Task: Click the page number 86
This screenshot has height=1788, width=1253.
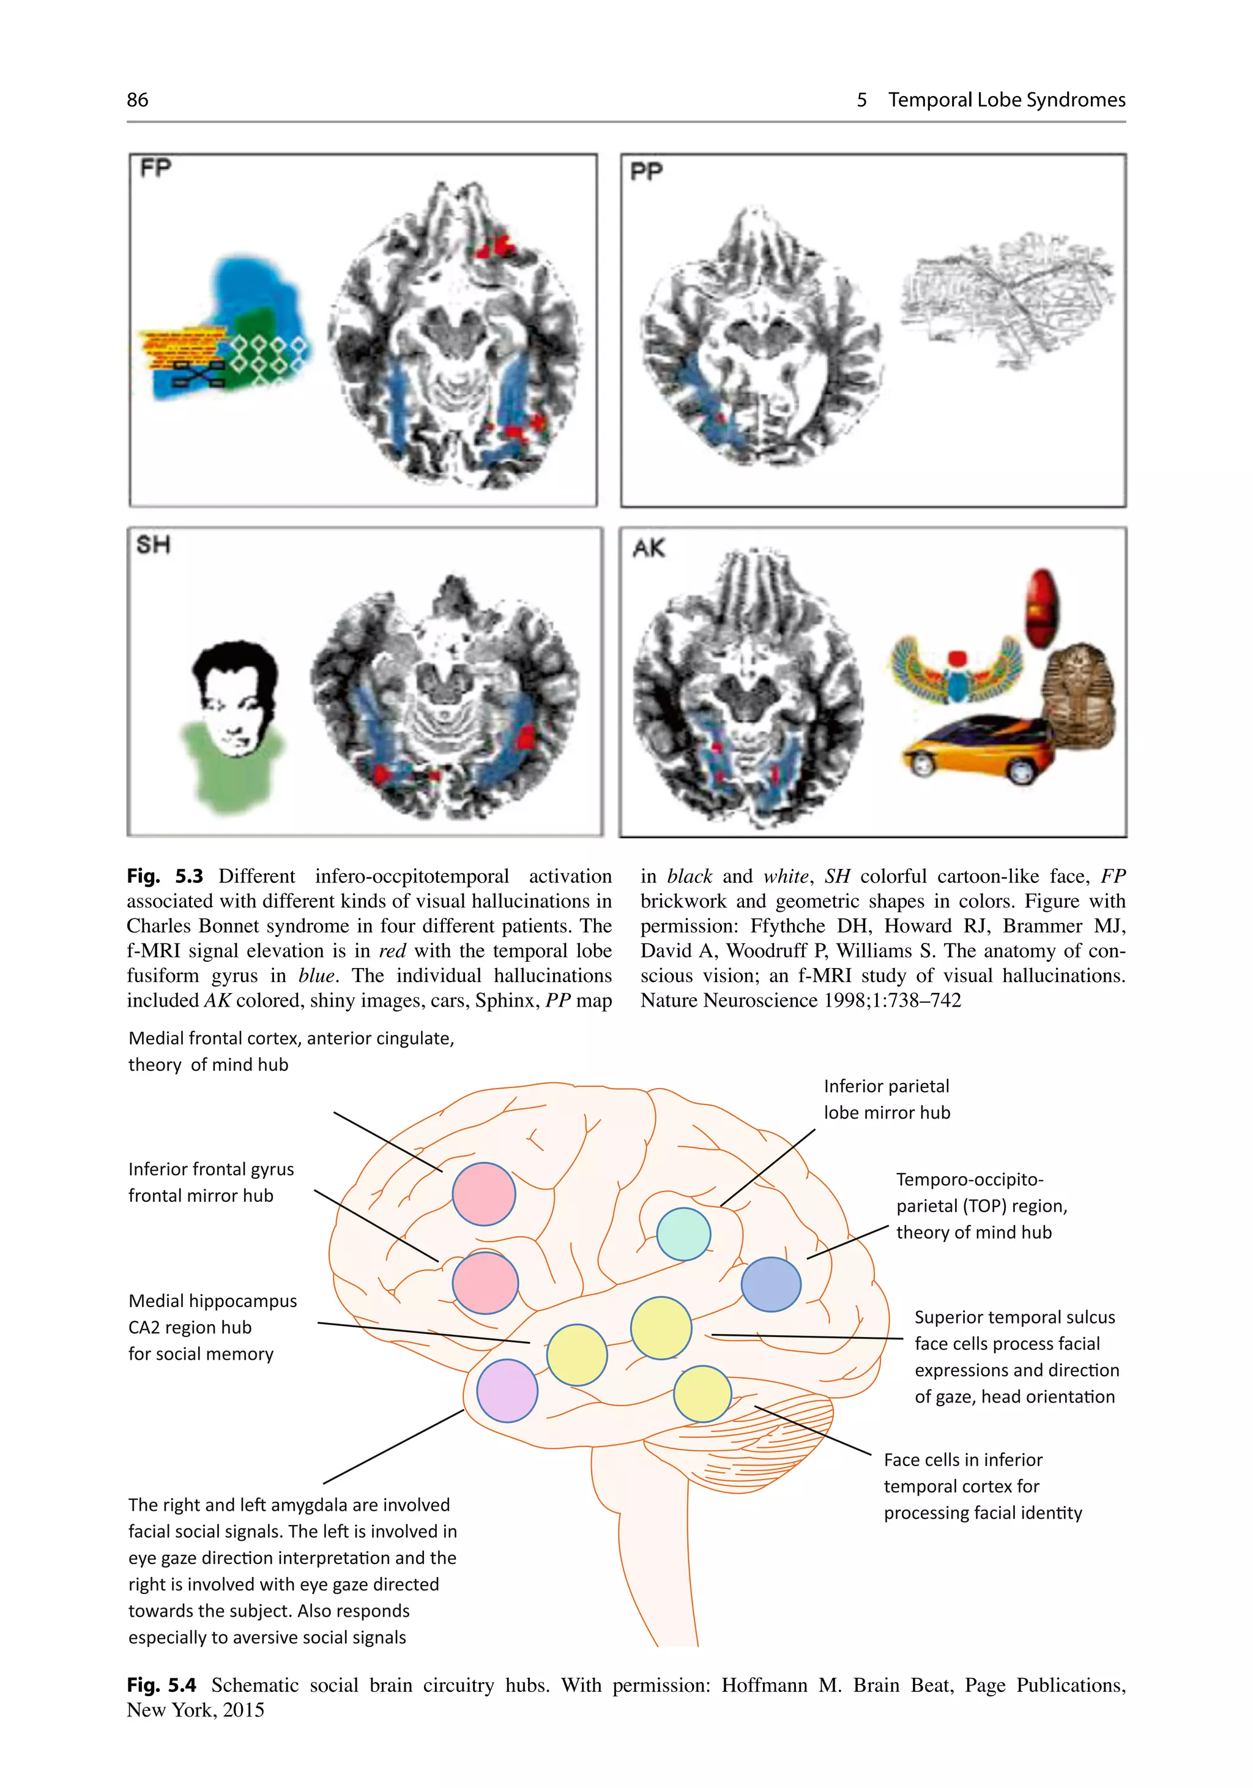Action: [x=137, y=100]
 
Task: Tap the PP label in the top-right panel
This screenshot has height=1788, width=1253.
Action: [x=646, y=171]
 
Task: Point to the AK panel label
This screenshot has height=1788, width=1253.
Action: [x=649, y=548]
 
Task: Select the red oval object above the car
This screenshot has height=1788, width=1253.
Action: [x=1041, y=608]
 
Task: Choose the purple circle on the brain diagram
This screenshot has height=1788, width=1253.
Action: [x=507, y=1391]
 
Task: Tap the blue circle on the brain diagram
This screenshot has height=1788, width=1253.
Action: [x=770, y=1284]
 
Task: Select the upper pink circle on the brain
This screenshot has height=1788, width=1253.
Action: [x=483, y=1194]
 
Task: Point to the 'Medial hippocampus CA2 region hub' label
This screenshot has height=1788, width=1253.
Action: [x=212, y=1327]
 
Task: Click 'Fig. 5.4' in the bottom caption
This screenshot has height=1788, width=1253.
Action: [x=161, y=1685]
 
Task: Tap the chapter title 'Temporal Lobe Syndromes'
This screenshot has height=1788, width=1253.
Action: [x=1006, y=100]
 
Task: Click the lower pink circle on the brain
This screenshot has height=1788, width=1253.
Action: [x=485, y=1283]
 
